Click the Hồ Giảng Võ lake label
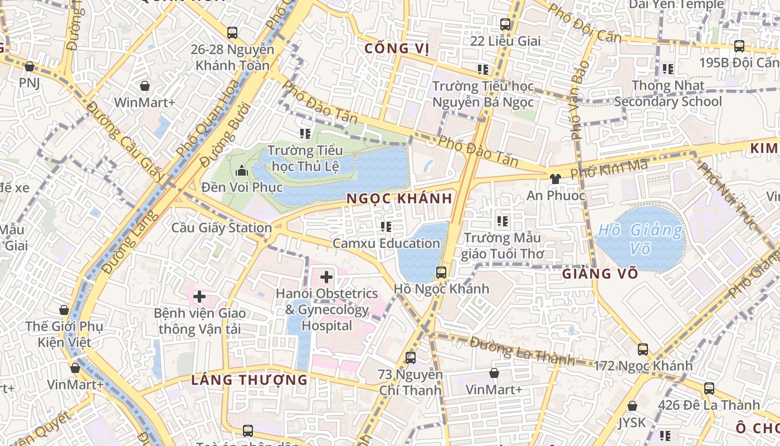640,238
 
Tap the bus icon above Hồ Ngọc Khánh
441,273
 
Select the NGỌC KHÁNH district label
399,198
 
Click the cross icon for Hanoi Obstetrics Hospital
326,277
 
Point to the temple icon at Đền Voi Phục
242,171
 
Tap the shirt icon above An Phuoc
555,179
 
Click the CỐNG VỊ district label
397,49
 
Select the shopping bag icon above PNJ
30,67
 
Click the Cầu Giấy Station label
221,227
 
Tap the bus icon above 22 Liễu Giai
505,25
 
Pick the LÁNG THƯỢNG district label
249,380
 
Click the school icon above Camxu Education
386,227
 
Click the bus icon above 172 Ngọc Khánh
643,350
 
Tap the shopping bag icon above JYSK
632,406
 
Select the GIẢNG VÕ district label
600,274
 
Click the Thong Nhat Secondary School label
668,94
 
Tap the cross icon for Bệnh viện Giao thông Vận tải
199,297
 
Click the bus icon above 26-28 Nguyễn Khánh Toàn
232,33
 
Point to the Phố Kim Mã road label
609,168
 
